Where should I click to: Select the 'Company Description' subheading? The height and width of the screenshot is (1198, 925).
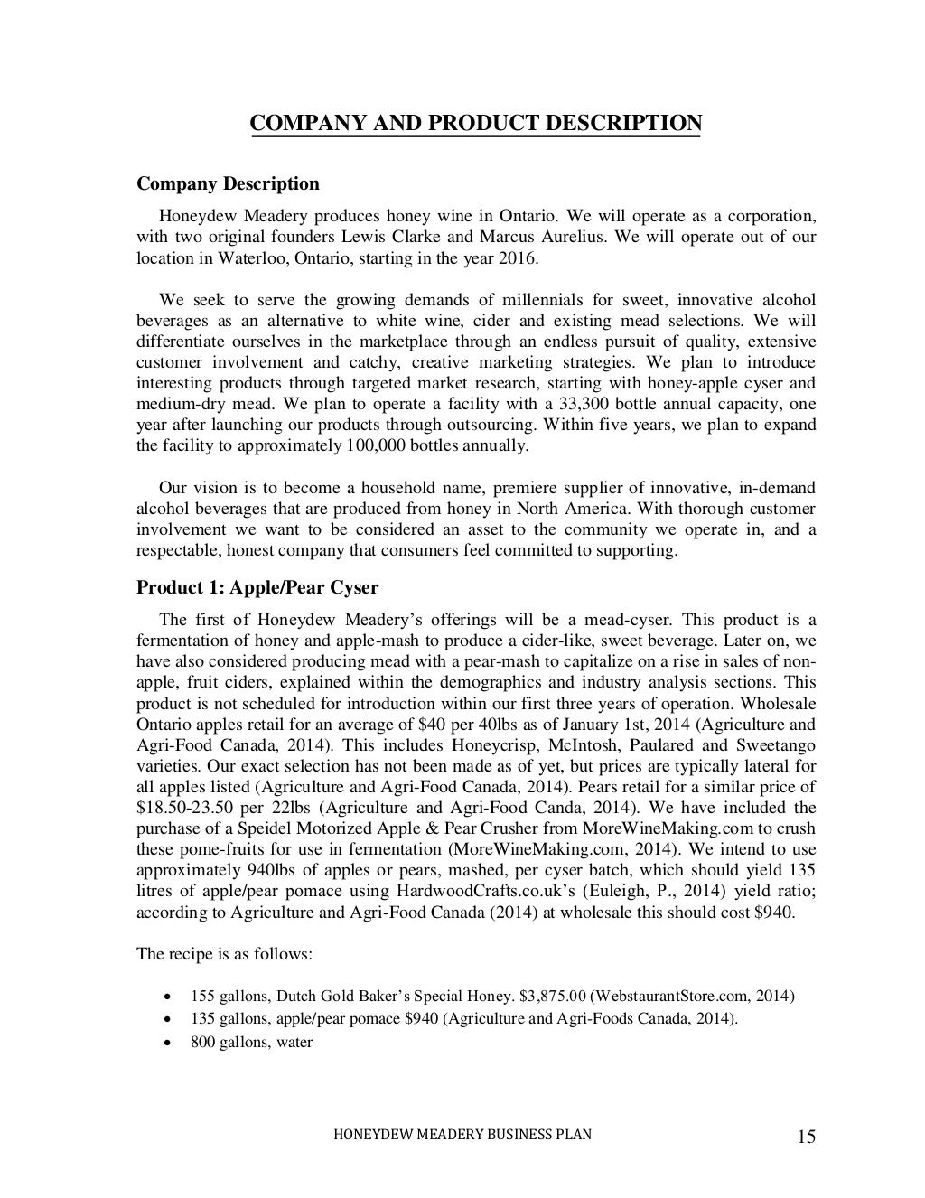tap(228, 184)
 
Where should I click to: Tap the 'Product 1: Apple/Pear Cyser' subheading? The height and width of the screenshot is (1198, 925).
tap(257, 588)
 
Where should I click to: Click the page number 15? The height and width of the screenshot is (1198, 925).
tap(807, 1137)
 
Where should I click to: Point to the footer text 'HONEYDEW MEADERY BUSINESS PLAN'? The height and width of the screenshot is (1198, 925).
tap(463, 1135)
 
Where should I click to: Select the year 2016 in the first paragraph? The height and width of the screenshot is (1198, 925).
tap(516, 258)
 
